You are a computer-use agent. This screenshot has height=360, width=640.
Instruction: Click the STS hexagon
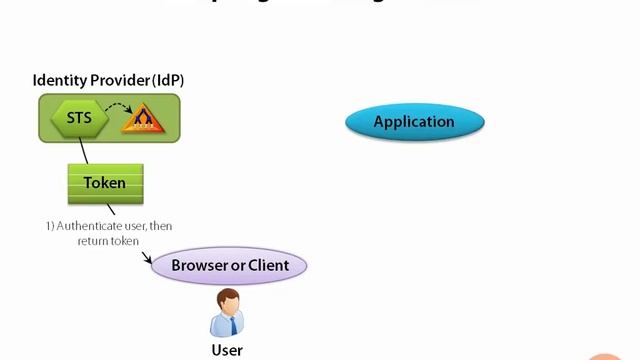pos(78,119)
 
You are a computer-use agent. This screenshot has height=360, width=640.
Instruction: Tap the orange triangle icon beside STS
pos(141,121)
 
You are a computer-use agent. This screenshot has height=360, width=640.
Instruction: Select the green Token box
pos(105,183)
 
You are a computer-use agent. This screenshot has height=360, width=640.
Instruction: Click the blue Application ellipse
pos(414,122)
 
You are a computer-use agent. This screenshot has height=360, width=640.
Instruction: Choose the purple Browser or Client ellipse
pos(229,265)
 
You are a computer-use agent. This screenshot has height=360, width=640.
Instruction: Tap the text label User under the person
pos(227,350)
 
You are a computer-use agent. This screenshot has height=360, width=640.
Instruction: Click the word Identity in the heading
pos(60,80)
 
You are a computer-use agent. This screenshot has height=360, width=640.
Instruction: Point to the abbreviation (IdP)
pos(168,80)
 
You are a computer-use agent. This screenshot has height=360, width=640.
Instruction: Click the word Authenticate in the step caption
pos(88,226)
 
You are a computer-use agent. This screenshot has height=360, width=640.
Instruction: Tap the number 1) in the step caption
pos(50,226)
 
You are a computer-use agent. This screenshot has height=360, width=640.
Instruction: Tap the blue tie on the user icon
pos(229,323)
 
